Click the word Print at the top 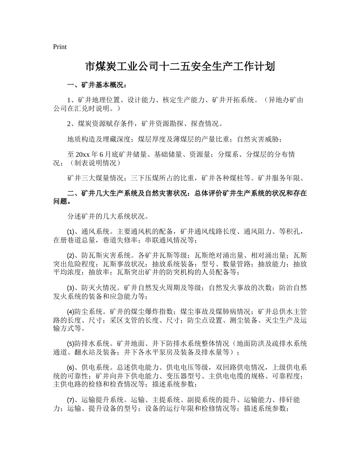click(60, 47)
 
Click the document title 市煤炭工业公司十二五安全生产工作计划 click(180, 67)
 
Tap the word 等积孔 click(290, 232)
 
